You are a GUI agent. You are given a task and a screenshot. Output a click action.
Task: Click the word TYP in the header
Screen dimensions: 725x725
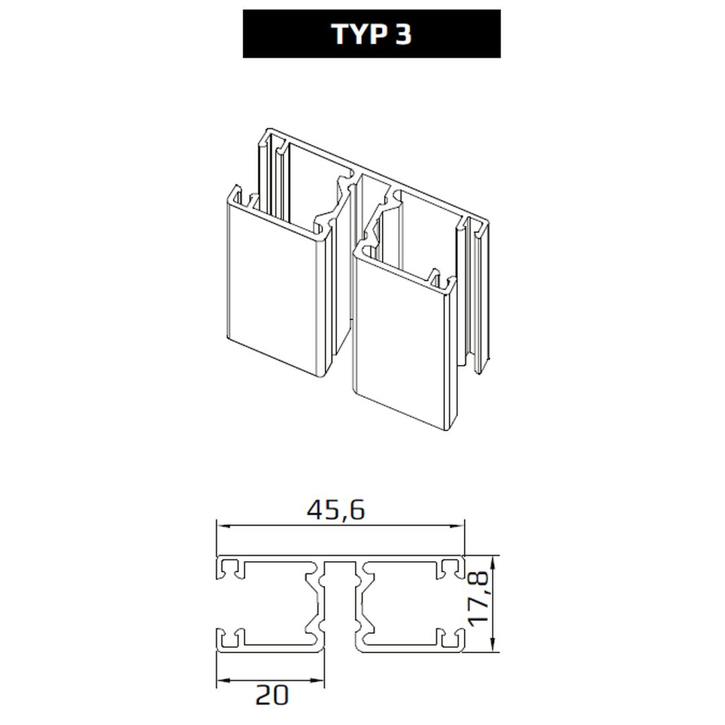pos(360,34)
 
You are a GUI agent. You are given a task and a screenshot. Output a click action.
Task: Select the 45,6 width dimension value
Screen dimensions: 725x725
pos(336,510)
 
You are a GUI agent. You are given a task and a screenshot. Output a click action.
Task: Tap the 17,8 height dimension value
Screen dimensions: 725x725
pos(478,599)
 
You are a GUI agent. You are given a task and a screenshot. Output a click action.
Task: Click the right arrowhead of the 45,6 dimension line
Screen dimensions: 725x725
pos(458,526)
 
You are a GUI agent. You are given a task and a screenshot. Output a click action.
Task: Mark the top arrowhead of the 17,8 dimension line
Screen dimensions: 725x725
pos(494,563)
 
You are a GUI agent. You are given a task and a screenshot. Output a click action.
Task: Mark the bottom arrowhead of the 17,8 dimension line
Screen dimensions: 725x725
pos(494,646)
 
